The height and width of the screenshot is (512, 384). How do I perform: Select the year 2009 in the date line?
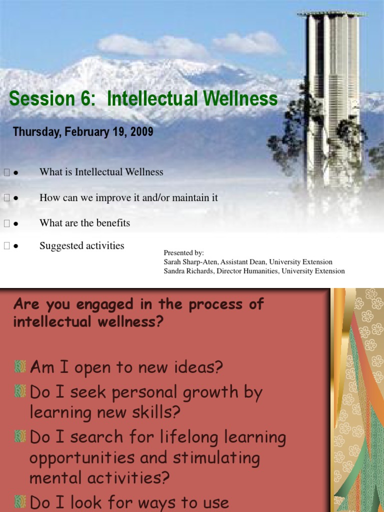click(x=142, y=132)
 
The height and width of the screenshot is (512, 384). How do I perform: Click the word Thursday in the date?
click(x=34, y=132)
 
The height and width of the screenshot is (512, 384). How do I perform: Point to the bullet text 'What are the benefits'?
click(x=84, y=223)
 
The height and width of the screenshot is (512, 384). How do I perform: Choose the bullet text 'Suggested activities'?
click(x=82, y=246)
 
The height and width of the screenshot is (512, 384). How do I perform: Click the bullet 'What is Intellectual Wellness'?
click(x=101, y=172)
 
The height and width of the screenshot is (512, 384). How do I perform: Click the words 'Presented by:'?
click(x=183, y=253)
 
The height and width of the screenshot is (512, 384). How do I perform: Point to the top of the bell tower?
click(x=331, y=13)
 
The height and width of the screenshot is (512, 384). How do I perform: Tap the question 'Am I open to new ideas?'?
click(x=126, y=368)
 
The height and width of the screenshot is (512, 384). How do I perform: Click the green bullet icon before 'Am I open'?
click(x=20, y=367)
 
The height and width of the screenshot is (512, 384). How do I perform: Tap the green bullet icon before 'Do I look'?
click(x=20, y=501)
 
